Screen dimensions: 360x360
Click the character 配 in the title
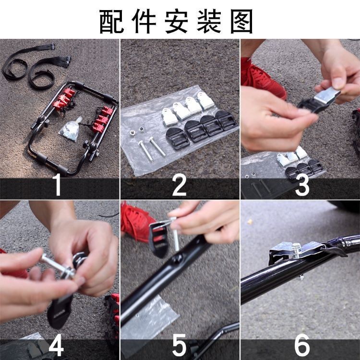tap(111, 21)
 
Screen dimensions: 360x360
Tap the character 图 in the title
tap(241, 21)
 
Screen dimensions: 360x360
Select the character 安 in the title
tap(177, 21)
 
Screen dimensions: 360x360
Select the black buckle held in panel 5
tap(158, 239)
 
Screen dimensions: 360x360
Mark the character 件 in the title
tap(144, 21)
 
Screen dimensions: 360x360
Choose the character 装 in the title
tap(209, 21)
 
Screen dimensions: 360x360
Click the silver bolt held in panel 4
tap(58, 266)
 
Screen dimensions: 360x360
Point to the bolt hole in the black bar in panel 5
tap(178, 259)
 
